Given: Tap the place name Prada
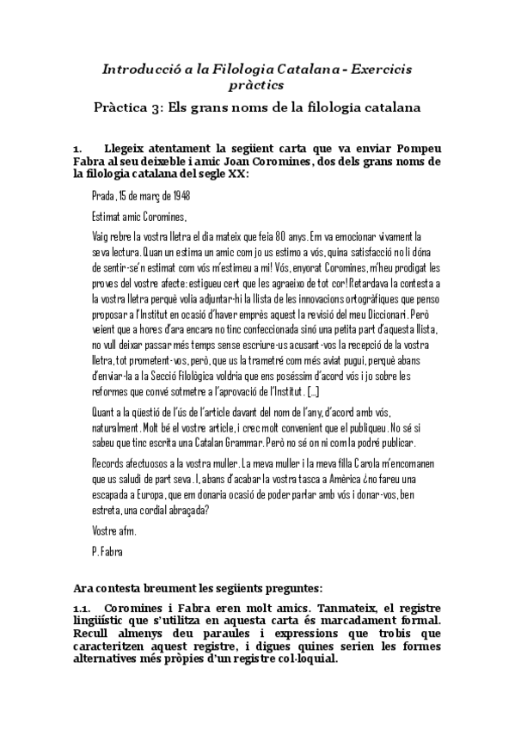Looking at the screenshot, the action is point(104,196).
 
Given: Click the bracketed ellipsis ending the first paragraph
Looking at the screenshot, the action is point(312,392).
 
